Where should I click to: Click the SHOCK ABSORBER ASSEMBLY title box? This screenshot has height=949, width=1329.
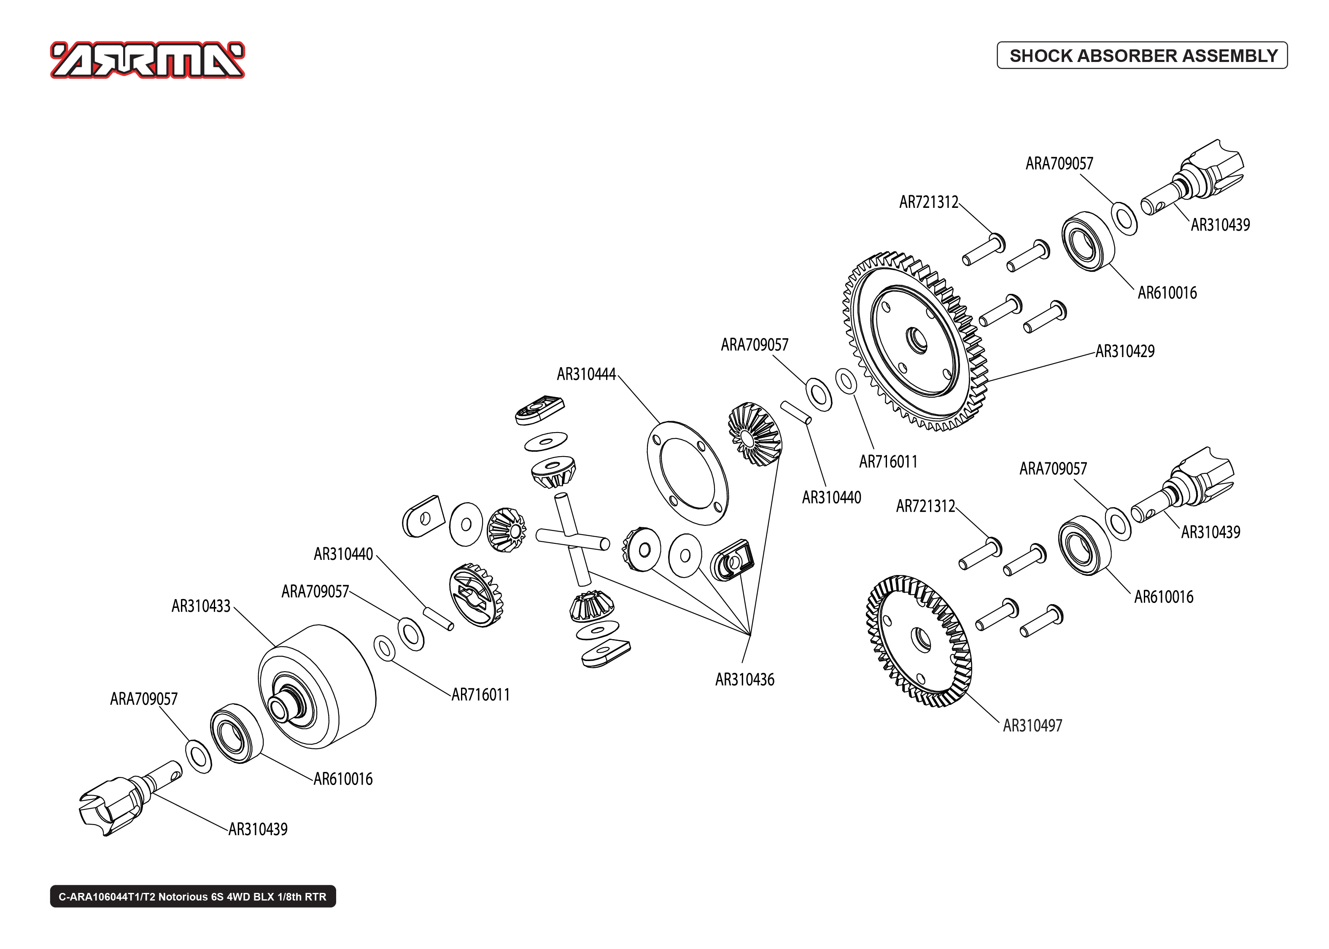point(1142,56)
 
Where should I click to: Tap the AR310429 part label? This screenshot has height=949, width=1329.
point(1124,351)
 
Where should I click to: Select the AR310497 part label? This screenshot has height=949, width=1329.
point(1032,726)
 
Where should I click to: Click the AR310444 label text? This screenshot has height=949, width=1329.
point(586,374)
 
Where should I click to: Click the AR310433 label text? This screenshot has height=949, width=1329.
point(201,606)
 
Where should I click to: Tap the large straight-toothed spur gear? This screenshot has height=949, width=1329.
point(915,342)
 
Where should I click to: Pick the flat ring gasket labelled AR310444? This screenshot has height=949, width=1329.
point(687,472)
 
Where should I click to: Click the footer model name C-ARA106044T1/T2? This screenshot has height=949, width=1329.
point(192,896)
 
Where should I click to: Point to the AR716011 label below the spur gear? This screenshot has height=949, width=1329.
point(888,462)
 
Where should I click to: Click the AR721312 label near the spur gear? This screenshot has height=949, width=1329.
point(929,202)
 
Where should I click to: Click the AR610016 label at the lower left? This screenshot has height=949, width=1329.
point(343,779)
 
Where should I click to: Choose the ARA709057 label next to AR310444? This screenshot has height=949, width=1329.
point(754,345)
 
